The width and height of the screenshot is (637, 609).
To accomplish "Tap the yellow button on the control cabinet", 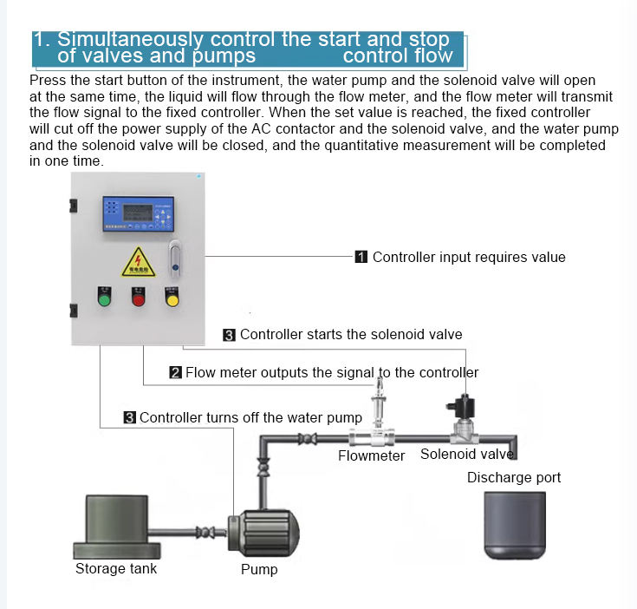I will point(172,299).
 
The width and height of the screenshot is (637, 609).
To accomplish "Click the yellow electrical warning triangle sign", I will point(138,262).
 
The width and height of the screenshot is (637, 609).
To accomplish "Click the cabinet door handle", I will point(174,258).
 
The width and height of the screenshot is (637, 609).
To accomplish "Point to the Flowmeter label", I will point(371,455).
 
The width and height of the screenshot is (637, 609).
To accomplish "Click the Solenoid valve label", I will point(466,454).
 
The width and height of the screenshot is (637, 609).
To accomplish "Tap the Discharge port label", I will point(514,477).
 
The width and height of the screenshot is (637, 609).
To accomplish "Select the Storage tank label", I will point(116,569).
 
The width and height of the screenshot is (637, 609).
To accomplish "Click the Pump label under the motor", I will point(259,570).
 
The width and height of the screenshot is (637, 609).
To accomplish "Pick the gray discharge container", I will point(515,526).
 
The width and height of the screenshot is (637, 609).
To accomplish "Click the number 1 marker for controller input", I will point(361,257).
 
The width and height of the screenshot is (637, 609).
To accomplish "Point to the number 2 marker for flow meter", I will point(175,373).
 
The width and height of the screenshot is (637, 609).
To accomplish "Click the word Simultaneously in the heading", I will point(131,40).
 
